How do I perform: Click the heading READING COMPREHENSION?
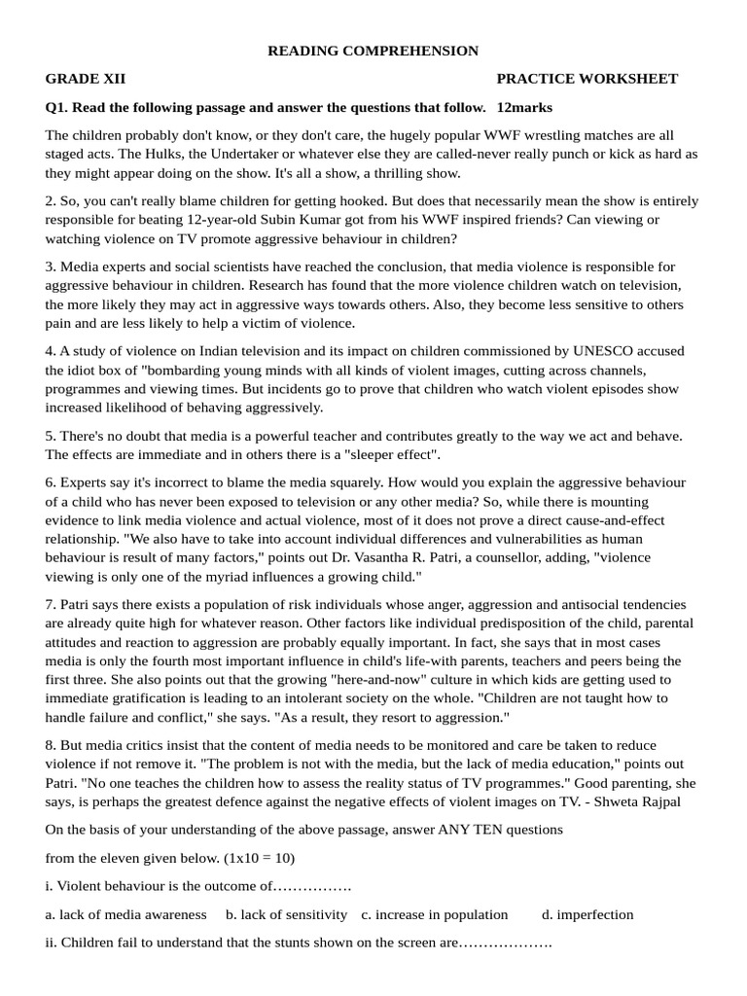tap(373, 51)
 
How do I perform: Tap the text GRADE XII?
tap(86, 79)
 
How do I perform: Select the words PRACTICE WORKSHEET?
tap(587, 79)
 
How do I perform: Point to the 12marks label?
tap(524, 107)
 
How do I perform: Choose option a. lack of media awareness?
tap(126, 914)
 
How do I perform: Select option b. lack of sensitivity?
tap(287, 914)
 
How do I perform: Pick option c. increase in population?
tap(435, 914)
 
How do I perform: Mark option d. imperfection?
tap(587, 914)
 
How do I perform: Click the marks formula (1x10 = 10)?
tap(256, 858)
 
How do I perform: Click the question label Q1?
tap(56, 107)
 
